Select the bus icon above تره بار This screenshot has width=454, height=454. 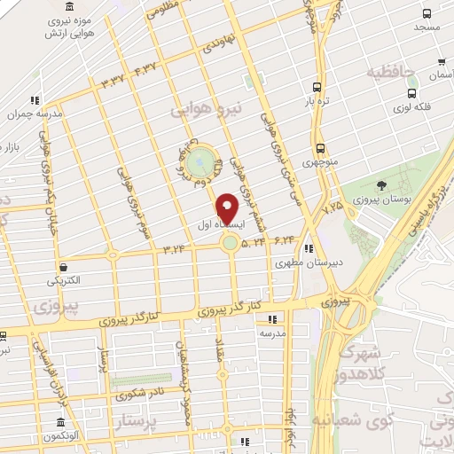pyautogui.click(x=317, y=87)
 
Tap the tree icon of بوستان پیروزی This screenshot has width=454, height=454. pyautogui.click(x=380, y=185)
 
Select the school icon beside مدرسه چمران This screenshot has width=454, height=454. pyautogui.click(x=35, y=100)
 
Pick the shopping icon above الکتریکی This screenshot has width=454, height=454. pyautogui.click(x=63, y=266)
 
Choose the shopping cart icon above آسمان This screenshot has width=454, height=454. pyautogui.click(x=442, y=62)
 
